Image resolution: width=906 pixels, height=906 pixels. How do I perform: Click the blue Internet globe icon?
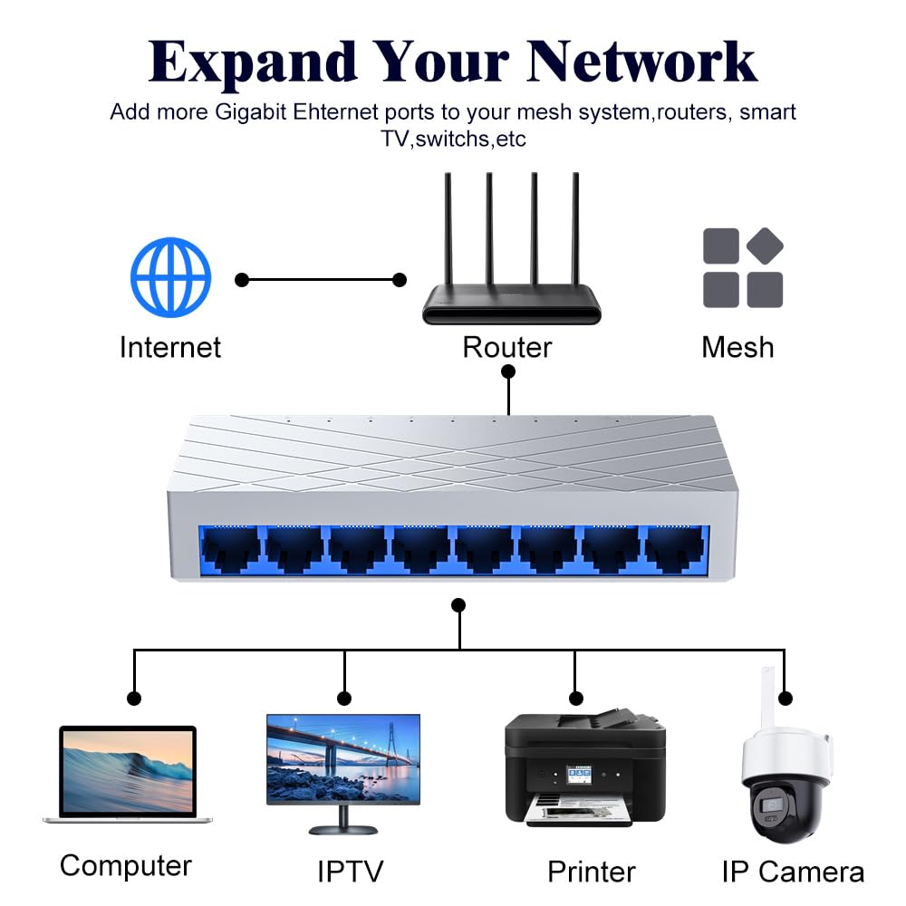coord(170,277)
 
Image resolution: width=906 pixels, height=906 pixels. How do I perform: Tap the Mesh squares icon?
coord(743,267)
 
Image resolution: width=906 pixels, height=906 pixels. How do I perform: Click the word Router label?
coord(507,347)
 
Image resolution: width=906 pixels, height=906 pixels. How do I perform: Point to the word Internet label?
coord(170,347)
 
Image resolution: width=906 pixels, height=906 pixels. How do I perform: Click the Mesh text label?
coord(737,347)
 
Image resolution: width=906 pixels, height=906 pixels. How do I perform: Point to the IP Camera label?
coord(793,872)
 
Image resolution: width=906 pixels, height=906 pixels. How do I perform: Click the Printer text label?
coord(592,872)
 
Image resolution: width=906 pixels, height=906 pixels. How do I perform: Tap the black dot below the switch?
coord(458,604)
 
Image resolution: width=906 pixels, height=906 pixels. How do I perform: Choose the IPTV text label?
coord(350,872)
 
